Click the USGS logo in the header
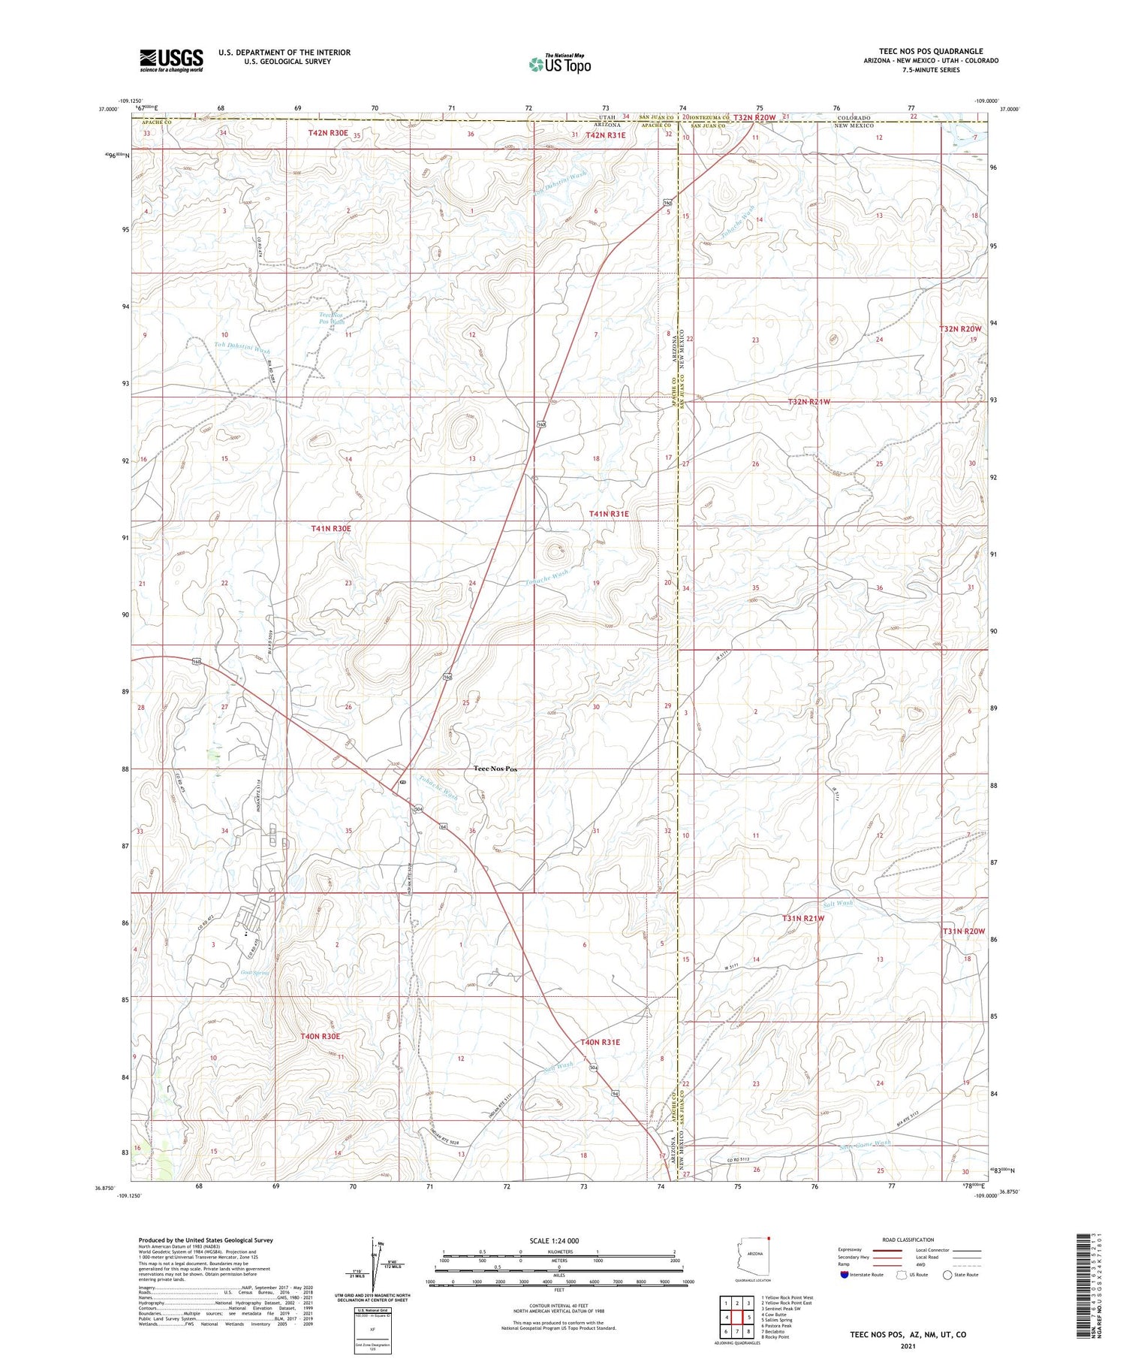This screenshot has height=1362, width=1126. (171, 60)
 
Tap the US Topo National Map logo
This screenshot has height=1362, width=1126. (560, 64)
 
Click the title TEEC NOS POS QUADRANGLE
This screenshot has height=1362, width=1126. (931, 52)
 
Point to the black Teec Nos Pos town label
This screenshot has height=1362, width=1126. (495, 769)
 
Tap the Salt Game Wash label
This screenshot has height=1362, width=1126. (866, 1143)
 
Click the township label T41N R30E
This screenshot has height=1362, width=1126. (331, 529)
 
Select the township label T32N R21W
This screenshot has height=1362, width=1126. (809, 402)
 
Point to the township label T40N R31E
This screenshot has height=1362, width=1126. (600, 1042)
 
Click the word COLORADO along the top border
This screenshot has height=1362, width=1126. (854, 118)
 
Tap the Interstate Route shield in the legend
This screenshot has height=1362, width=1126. (844, 1275)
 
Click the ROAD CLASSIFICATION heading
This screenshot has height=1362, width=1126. (908, 1240)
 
